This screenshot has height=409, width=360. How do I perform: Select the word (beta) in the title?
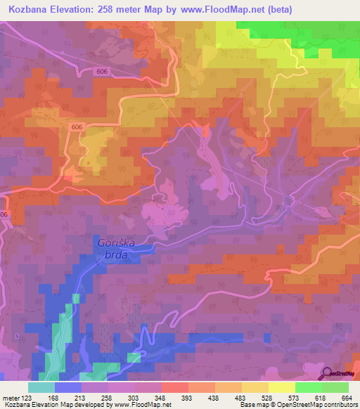276,10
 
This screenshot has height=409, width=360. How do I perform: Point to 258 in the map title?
116,10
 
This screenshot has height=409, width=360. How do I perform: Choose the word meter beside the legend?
10,398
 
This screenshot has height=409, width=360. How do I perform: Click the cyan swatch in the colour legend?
41,387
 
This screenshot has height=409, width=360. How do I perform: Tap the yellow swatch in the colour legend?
281,387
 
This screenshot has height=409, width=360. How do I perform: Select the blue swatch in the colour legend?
68,387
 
